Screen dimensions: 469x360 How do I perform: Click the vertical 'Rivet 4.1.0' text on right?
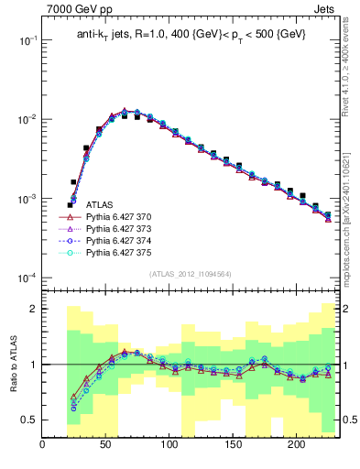coord(350,55)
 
